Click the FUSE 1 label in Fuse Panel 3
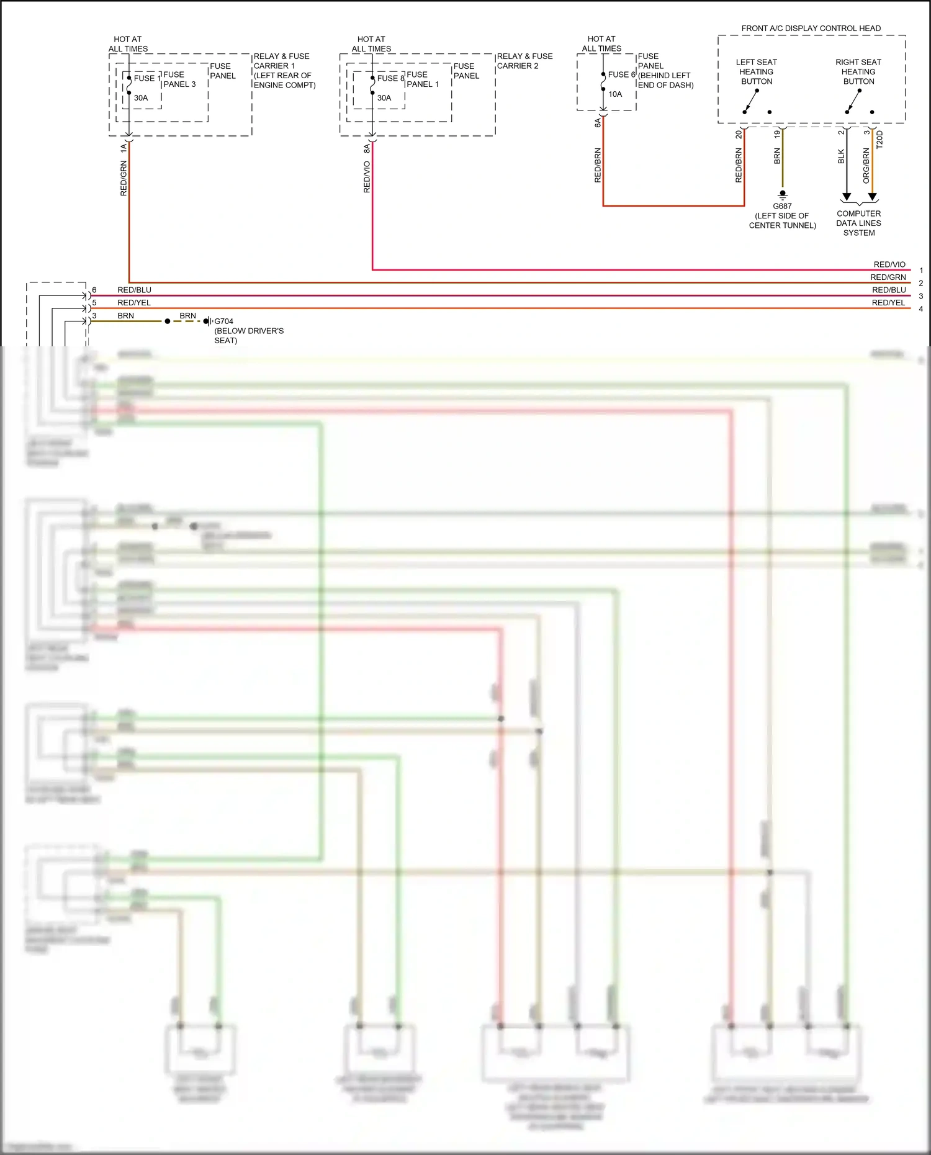click(147, 78)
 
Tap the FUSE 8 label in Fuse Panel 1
click(390, 78)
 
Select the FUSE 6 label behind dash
click(621, 74)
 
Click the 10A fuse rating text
click(615, 94)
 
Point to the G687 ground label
click(782, 206)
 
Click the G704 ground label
click(223, 321)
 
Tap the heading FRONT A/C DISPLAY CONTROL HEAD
click(811, 29)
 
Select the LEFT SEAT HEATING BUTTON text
click(756, 72)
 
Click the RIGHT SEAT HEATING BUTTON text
click(858, 72)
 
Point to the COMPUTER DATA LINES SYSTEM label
click(858, 223)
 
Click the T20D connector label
click(879, 140)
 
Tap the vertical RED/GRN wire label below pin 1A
click(124, 178)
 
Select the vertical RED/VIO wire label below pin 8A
click(367, 177)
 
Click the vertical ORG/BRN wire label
click(866, 165)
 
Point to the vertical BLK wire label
click(841, 156)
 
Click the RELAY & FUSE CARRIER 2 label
click(524, 61)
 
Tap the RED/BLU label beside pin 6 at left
click(134, 290)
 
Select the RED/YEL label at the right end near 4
click(888, 303)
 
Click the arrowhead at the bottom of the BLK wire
click(847, 197)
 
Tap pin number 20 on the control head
click(739, 134)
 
